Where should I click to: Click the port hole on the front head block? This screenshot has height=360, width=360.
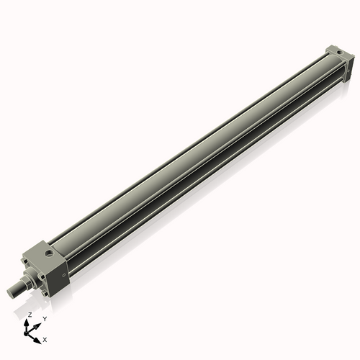(49, 253)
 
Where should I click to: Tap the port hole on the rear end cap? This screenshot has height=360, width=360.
(333, 51)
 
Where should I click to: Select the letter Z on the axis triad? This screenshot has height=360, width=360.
(30, 315)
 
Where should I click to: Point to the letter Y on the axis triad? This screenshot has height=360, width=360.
(45, 318)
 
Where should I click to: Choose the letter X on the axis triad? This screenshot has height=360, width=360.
(45, 338)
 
